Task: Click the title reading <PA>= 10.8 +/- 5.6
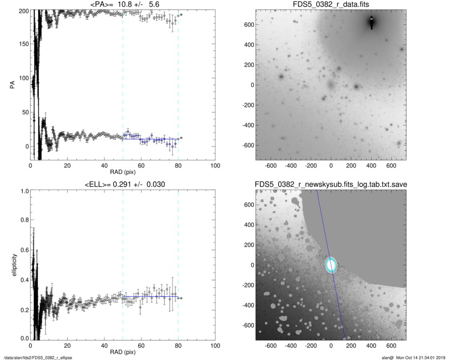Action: click(123, 4)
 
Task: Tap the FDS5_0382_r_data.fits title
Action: click(331, 4)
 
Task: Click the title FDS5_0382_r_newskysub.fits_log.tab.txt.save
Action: click(331, 184)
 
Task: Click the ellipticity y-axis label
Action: click(12, 265)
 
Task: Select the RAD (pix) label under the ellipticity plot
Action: click(123, 352)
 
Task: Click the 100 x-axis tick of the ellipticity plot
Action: click(215, 346)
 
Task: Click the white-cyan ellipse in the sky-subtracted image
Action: click(331, 265)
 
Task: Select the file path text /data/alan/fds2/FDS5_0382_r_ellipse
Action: click(38, 357)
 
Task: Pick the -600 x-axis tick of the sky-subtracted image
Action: click(271, 346)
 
